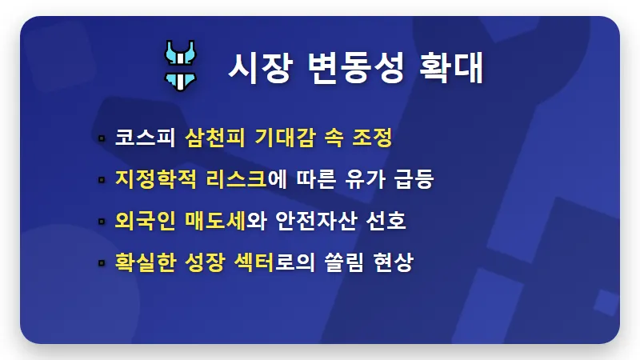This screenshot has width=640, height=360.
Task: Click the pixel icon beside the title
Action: point(182,63)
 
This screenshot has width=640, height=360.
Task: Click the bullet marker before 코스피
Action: point(102,138)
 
